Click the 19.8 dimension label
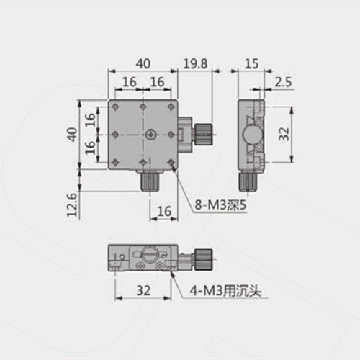195,64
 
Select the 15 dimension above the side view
252,64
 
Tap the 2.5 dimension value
283,82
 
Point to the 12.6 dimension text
72,204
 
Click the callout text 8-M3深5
220,205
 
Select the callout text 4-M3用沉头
225,291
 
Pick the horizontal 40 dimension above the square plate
143,64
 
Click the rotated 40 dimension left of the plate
72,134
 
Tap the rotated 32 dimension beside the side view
284,134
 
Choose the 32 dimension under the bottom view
143,290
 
